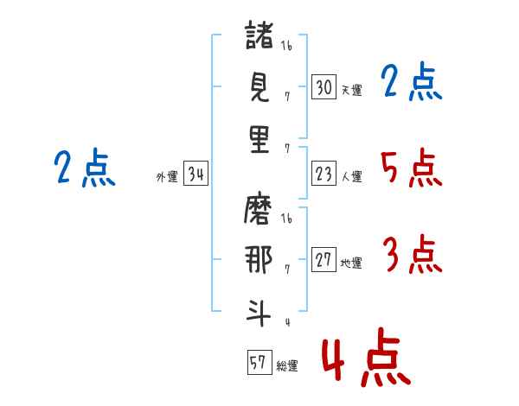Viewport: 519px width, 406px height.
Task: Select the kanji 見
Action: (x=259, y=86)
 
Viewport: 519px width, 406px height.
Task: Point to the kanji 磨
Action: (x=259, y=209)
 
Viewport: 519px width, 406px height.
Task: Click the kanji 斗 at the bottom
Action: (x=259, y=310)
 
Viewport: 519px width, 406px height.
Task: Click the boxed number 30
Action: (x=324, y=86)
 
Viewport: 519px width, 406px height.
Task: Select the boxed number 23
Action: (x=324, y=174)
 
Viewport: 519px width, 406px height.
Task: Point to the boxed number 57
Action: (x=258, y=363)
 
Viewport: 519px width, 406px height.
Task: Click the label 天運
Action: (x=351, y=90)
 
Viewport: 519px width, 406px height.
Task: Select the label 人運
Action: (x=351, y=177)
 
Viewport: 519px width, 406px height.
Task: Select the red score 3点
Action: (x=412, y=256)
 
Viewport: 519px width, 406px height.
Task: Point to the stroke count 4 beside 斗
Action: (x=286, y=322)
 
